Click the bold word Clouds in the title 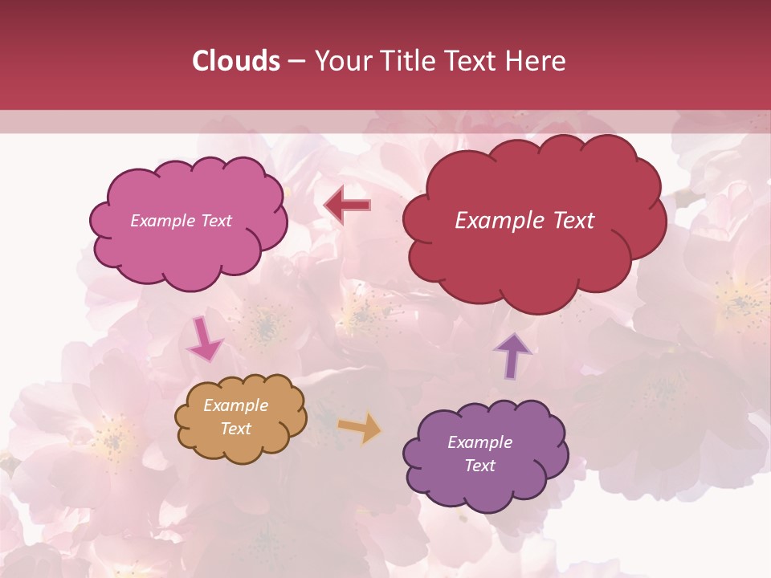(236, 61)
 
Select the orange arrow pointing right (360, 427)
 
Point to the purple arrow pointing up (512, 355)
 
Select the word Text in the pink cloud (217, 221)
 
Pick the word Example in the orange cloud (235, 405)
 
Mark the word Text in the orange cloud (236, 429)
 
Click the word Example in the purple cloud (479, 442)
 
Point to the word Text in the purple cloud (479, 466)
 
